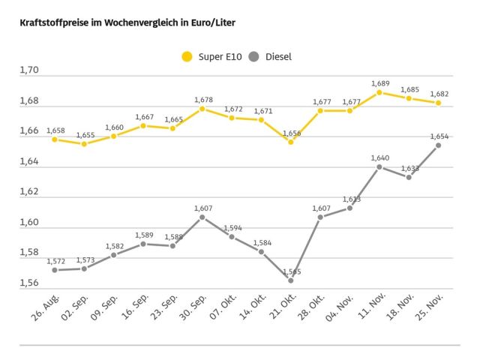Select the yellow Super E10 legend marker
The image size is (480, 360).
click(187, 56)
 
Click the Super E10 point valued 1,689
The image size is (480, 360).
click(379, 92)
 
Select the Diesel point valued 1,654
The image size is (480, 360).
click(438, 145)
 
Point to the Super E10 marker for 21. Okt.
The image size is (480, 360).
click(291, 142)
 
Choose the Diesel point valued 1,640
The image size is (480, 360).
click(379, 166)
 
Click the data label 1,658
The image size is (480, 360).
click(55, 130)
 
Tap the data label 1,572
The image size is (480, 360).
click(55, 261)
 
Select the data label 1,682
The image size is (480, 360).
click(438, 94)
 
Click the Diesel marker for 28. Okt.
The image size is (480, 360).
click(320, 217)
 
